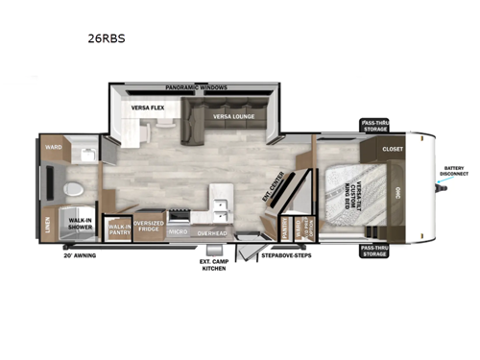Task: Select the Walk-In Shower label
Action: click(80, 224)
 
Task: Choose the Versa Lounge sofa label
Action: click(233, 117)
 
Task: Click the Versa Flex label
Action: click(150, 108)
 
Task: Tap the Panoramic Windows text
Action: click(197, 87)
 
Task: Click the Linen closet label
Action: click(48, 223)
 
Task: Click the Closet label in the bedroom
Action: click(393, 150)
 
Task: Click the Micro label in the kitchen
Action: click(179, 232)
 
